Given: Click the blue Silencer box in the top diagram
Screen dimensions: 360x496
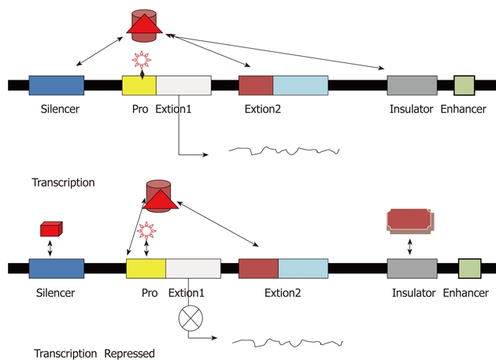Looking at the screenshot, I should pos(56,86).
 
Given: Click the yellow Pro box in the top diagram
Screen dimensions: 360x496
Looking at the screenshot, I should pos(139,86).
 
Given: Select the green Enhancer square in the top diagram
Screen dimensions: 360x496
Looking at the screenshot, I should pos(465,86).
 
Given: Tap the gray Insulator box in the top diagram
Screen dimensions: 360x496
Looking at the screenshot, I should pos(412,86).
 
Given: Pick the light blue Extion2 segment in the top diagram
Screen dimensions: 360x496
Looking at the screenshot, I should pos(301,86).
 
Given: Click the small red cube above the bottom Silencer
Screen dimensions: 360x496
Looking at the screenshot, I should pos(51,228).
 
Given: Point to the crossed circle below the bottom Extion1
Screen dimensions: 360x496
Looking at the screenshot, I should pos(191,319).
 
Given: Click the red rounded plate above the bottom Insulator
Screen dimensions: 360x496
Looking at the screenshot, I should pos(410,220).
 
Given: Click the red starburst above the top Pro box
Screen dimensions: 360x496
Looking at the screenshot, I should pos(141,59).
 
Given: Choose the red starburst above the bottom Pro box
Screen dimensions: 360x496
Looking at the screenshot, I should pos(146,232).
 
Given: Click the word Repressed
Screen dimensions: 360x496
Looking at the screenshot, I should pos(130,353).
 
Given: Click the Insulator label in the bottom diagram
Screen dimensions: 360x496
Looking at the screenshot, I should pos(413,293).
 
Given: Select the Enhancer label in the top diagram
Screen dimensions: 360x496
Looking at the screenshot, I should pos(463,109).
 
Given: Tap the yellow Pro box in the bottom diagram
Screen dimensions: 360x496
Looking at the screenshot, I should pos(146,268).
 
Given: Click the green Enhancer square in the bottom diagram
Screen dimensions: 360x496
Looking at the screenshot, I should pos(469,268).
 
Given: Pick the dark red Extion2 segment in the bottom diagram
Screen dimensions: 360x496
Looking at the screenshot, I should pos(258,268).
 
